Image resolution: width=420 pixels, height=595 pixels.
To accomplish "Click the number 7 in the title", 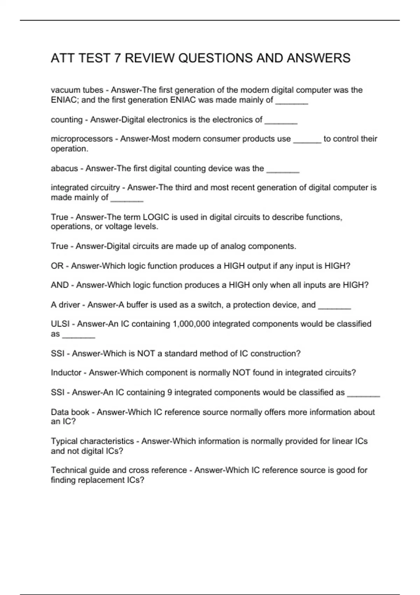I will [x=118, y=58].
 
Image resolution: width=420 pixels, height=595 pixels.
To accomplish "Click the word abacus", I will [x=64, y=168].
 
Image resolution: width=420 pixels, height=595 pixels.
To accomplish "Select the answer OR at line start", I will [x=57, y=266].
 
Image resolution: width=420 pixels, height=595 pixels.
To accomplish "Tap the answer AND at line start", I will [x=59, y=285].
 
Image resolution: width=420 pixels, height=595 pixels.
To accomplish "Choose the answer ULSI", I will [x=60, y=324].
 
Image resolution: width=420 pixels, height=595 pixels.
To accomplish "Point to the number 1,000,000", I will [x=191, y=324].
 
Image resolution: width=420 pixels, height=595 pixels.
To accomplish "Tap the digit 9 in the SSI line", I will [x=169, y=392].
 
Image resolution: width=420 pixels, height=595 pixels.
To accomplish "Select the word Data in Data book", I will [x=59, y=412].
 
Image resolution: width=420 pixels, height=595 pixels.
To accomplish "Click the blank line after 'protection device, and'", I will [x=334, y=307].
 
